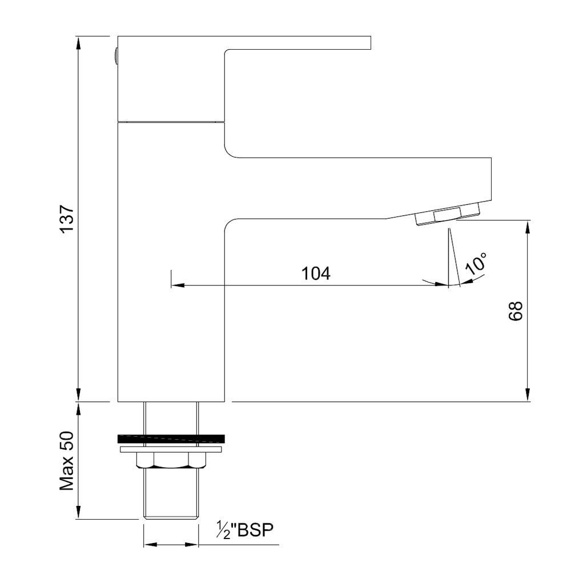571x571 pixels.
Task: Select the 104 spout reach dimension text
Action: point(316,274)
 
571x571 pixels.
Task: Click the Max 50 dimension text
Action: point(67,460)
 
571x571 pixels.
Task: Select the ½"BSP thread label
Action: point(246,530)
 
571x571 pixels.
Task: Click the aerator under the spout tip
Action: point(447,216)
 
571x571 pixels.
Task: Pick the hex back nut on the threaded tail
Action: point(171,461)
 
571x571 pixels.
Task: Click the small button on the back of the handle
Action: point(115,55)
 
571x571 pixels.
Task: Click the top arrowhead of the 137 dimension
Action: point(78,42)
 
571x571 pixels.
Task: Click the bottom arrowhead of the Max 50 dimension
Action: point(78,513)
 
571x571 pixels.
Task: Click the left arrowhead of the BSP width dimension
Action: point(147,544)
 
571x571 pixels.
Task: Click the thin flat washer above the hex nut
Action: point(171,450)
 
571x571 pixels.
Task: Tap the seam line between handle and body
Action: point(171,121)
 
